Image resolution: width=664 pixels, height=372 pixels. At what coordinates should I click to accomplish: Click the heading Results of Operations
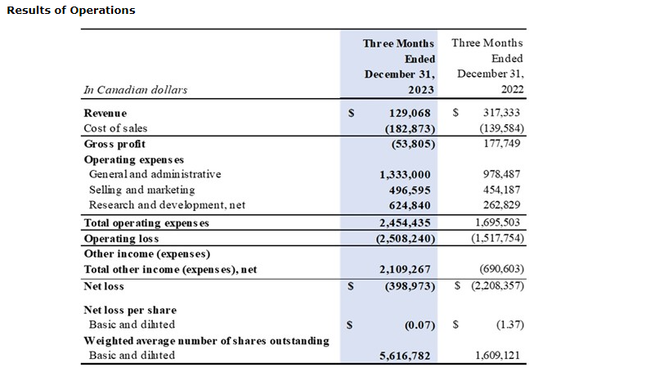70,11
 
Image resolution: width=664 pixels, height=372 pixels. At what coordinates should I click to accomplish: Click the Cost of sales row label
118,128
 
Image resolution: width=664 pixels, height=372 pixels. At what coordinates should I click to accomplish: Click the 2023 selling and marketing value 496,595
406,190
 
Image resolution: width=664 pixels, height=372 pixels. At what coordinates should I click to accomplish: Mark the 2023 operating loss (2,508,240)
400,239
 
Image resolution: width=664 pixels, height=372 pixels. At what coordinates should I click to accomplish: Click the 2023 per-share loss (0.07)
418,325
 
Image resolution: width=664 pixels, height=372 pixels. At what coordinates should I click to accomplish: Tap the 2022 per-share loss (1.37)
509,325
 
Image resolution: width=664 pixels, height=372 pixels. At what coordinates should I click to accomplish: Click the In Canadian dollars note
136,90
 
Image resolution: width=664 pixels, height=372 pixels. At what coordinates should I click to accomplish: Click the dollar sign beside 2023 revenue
350,113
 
